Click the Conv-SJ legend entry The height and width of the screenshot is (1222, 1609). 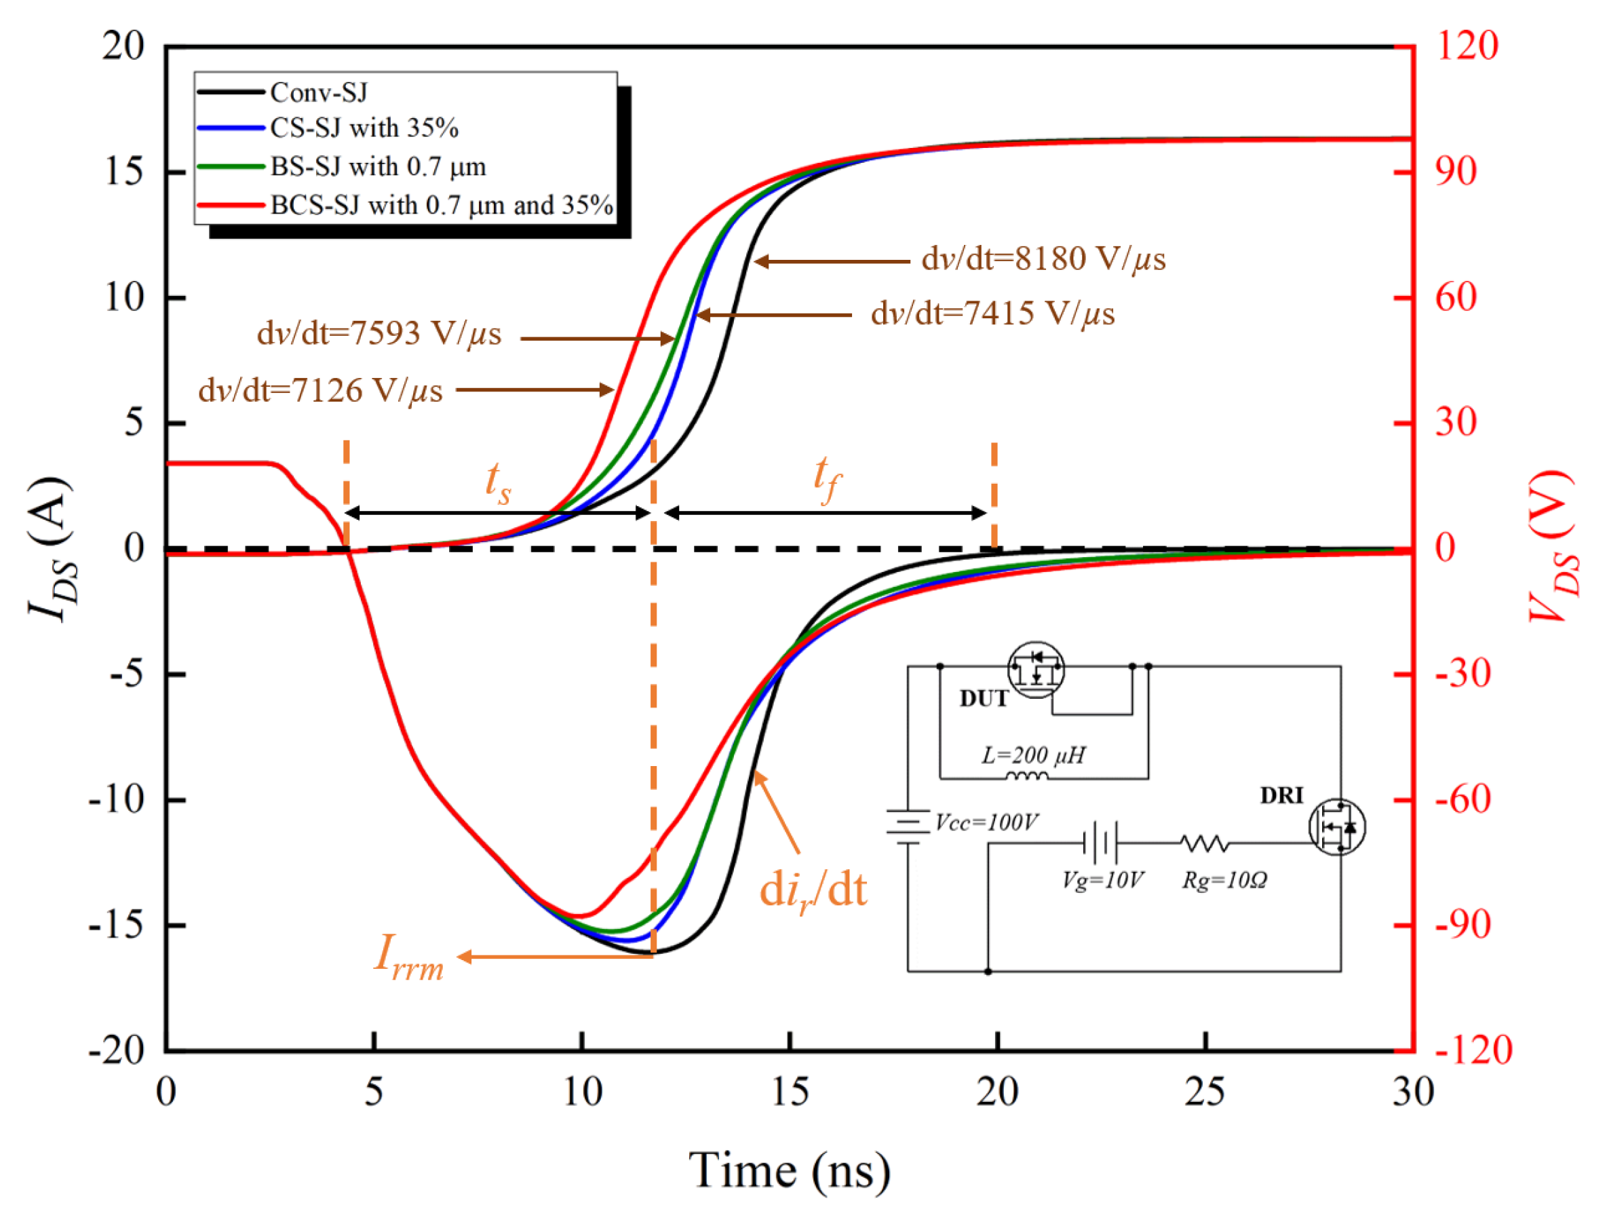point(319,92)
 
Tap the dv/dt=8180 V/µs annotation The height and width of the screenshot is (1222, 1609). point(1043,259)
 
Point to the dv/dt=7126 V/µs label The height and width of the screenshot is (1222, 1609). point(321,392)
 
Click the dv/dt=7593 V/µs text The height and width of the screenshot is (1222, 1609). point(379,334)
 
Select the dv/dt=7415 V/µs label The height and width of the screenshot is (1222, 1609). point(993,314)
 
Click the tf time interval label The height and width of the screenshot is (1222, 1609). point(826,478)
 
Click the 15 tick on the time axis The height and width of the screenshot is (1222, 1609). point(790,1092)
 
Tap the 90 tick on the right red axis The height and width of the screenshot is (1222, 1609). point(1456,172)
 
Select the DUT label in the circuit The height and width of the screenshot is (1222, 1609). point(984,698)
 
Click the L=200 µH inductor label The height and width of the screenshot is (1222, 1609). point(1033,755)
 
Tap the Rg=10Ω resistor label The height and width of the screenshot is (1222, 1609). point(1224,881)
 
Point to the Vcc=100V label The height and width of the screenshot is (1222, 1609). point(986,822)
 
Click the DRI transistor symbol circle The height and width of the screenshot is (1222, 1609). point(1337,827)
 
